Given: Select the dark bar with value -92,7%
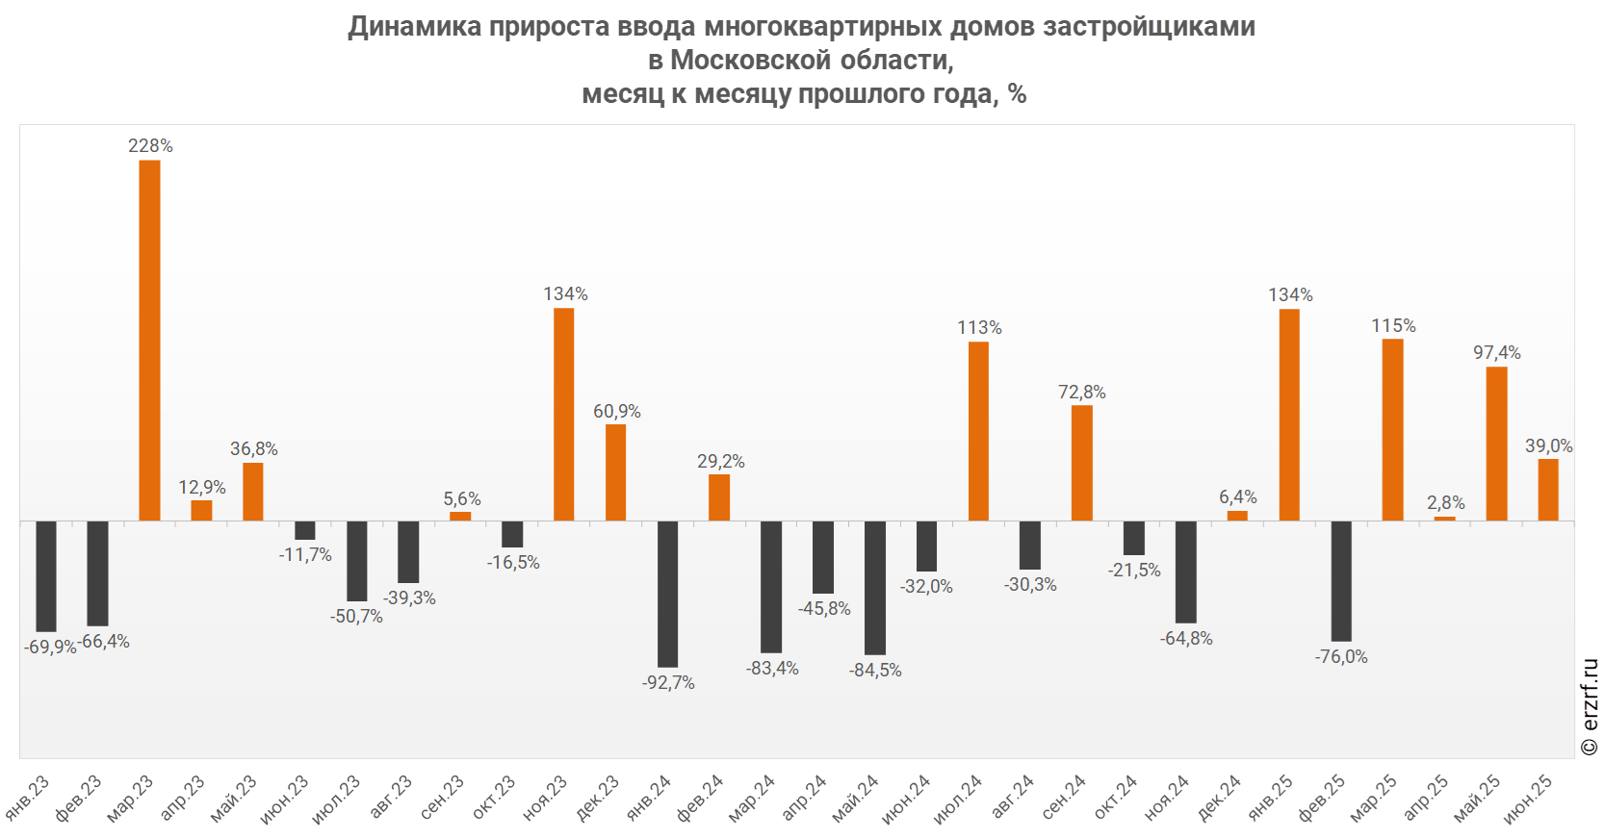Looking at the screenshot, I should pyautogui.click(x=667, y=594).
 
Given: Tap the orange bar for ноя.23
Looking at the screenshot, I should pyautogui.click(x=563, y=414).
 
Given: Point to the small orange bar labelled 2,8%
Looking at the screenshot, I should pyautogui.click(x=1444, y=519).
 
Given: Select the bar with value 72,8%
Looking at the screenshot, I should pyautogui.click(x=1082, y=463).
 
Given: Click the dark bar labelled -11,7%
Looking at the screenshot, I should pyautogui.click(x=305, y=530).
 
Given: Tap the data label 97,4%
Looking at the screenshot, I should pyautogui.click(x=1496, y=353).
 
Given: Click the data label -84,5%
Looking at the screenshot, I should pyautogui.click(x=875, y=671).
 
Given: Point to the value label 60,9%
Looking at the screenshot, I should pyautogui.click(x=616, y=412).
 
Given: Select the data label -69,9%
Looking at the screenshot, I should pyautogui.click(x=49, y=648).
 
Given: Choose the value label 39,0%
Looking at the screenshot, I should pyautogui.click(x=1548, y=446).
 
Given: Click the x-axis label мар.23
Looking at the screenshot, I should pyautogui.click(x=131, y=800).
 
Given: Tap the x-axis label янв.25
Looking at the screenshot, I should pyautogui.click(x=1272, y=799).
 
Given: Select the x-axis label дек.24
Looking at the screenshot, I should pyautogui.click(x=1220, y=800).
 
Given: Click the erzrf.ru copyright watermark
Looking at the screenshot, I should pyautogui.click(x=1590, y=707).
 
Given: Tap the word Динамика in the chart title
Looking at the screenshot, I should pyautogui.click(x=415, y=26).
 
